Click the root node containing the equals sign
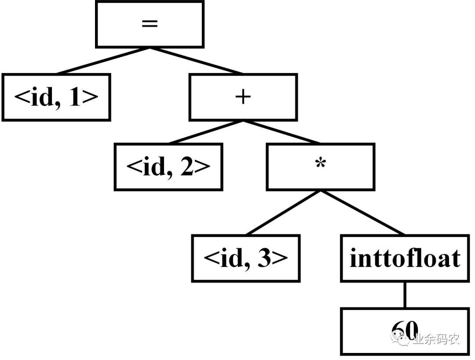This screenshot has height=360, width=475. pyautogui.click(x=150, y=24)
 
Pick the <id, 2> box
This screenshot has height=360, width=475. pyautogui.click(x=168, y=167)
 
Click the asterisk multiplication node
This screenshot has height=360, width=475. pyautogui.click(x=321, y=167)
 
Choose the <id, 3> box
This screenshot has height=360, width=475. pyautogui.click(x=245, y=258)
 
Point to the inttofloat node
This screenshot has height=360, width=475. pyautogui.click(x=405, y=258)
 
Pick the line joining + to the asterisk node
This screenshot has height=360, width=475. pyautogui.click(x=281, y=131)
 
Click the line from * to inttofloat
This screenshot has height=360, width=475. pyautogui.click(x=363, y=213)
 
